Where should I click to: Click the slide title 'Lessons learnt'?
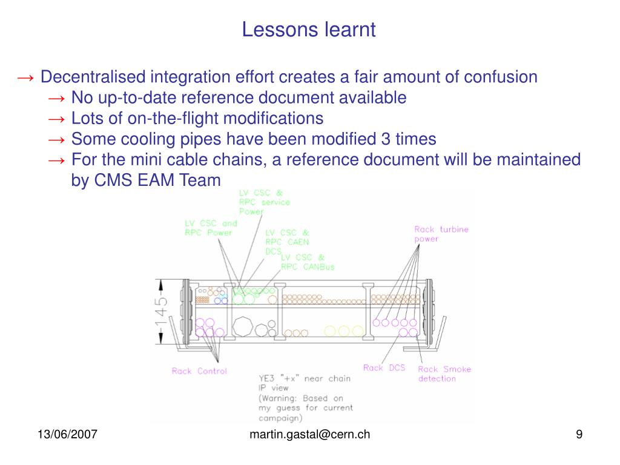(309, 29)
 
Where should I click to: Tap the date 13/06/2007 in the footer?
(68, 434)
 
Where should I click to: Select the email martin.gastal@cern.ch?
(309, 434)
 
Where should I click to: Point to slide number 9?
(579, 434)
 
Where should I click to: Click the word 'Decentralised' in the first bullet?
(93, 77)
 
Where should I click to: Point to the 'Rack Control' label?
(199, 371)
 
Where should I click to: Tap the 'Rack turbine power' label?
(441, 234)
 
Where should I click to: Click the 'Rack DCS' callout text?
(384, 368)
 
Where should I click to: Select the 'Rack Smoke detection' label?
(444, 374)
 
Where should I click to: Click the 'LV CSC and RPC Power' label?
(211, 228)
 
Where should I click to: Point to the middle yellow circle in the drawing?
(343, 331)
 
